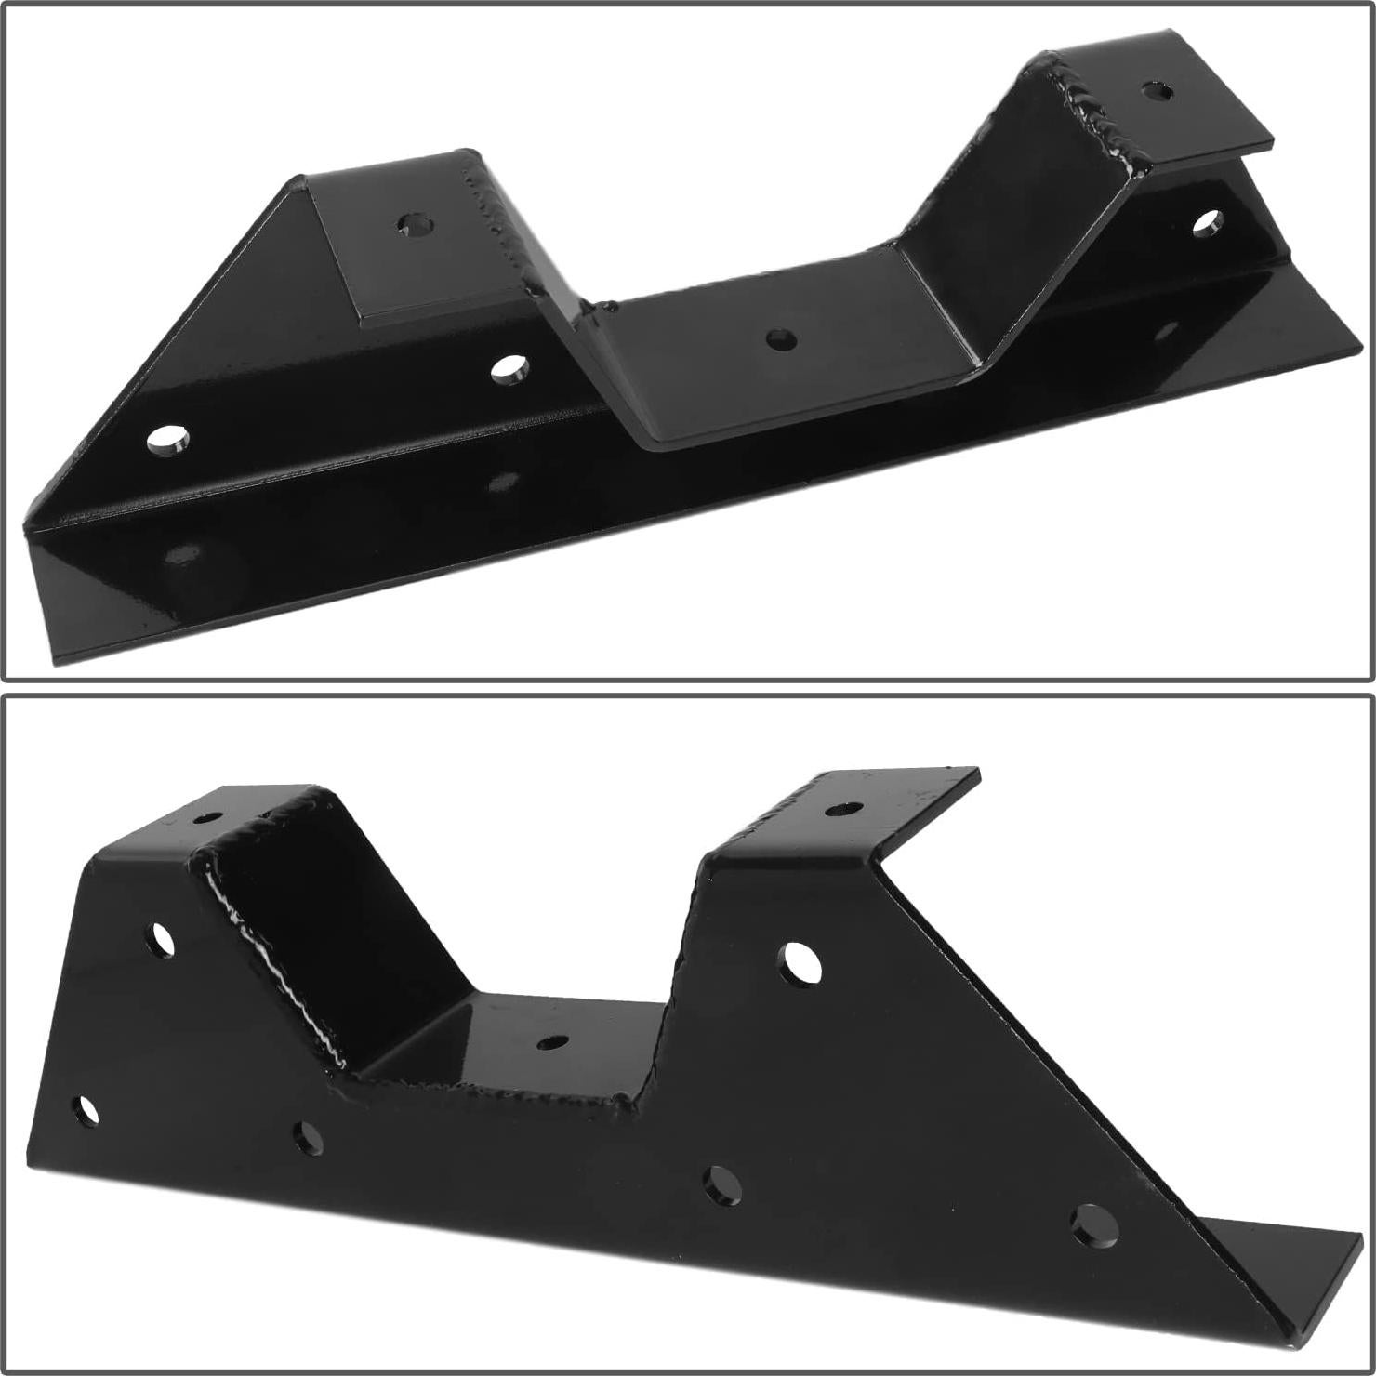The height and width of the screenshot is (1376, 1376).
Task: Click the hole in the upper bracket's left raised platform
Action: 416,224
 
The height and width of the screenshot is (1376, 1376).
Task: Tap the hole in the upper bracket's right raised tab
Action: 1157,91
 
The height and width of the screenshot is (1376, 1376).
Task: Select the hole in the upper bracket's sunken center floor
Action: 781,339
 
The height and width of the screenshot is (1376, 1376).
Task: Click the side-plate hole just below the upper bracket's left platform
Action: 509,368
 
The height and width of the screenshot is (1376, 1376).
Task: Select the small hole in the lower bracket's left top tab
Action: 208,818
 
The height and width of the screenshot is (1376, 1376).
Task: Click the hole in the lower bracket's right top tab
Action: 842,809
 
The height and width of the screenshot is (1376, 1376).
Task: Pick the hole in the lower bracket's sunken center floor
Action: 552,1042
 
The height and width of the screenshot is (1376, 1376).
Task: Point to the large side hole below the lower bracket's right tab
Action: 799,963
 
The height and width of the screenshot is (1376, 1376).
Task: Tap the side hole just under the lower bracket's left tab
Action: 162,940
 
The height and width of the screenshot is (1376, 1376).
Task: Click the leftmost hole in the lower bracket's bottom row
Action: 86,1111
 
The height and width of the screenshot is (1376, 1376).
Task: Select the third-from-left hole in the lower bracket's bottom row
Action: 721,1186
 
